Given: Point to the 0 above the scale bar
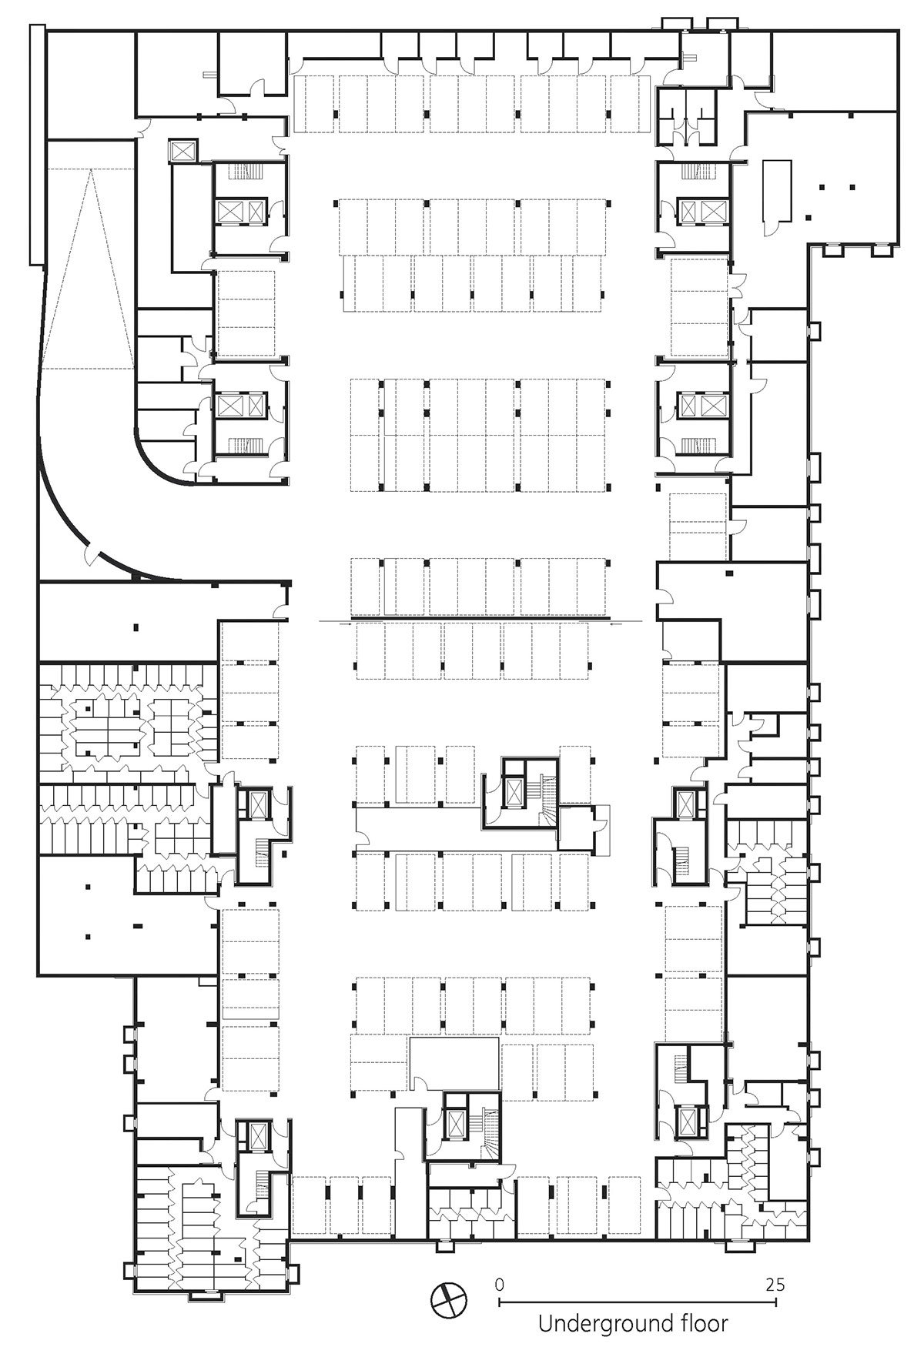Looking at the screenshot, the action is point(500,1284).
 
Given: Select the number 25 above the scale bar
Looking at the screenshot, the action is point(775,1284).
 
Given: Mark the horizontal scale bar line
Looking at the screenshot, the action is point(638,1301).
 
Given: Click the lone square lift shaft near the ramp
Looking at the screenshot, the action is point(185,150).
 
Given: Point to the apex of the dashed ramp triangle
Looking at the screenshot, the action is point(91,171).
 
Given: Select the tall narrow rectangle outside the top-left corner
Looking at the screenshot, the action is point(37,144).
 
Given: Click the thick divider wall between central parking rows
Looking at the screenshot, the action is point(480,618).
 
